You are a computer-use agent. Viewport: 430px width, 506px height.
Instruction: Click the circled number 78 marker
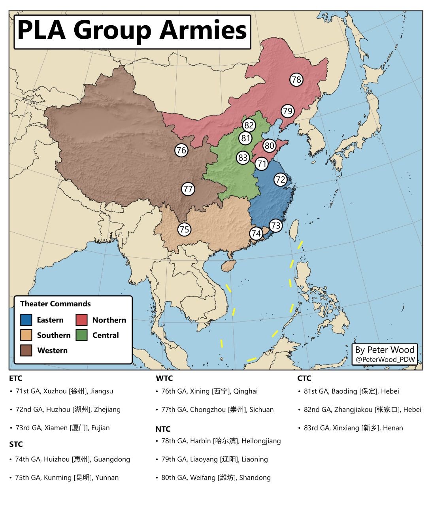tap(296, 80)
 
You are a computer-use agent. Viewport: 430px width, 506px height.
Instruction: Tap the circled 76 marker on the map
tap(181, 150)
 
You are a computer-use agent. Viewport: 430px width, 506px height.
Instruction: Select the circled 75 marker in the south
tap(184, 229)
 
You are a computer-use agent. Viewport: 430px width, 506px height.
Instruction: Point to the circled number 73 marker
tap(275, 226)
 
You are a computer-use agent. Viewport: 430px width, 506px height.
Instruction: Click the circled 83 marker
tap(243, 158)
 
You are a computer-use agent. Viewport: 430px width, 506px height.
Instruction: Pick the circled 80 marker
tap(269, 145)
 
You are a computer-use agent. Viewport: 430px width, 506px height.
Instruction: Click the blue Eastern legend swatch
tap(26, 320)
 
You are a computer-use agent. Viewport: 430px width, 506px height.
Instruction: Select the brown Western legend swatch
tap(26, 350)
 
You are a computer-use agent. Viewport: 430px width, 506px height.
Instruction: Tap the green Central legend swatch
tap(81, 335)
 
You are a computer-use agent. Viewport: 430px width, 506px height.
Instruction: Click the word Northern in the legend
tap(109, 320)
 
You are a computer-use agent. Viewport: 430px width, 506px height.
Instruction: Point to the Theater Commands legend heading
tap(55, 304)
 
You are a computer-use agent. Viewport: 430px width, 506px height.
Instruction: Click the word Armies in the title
tap(203, 30)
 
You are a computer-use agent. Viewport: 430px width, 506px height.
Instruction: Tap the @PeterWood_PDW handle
tap(385, 359)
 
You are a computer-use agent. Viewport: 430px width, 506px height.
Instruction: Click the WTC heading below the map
tap(164, 378)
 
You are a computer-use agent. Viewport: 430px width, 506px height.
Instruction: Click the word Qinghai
tap(245, 391)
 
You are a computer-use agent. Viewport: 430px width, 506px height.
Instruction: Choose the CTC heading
tap(304, 378)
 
